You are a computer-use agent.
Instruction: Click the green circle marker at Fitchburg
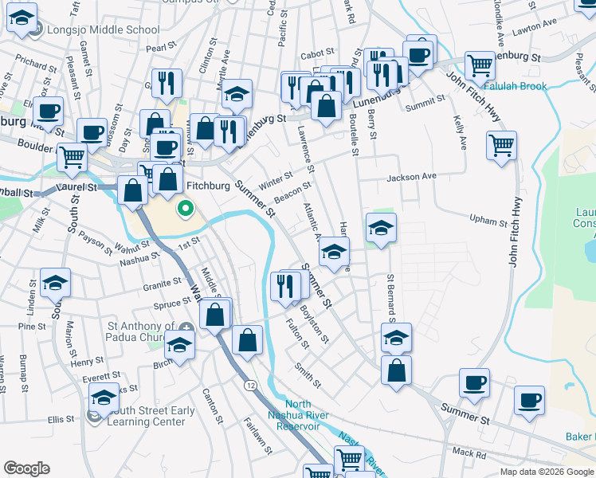(186, 210)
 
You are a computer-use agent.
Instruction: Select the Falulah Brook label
(511, 85)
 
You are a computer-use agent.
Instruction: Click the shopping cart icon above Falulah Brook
(480, 65)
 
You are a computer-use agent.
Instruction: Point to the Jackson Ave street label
(413, 176)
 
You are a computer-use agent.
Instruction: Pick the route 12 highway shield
(251, 385)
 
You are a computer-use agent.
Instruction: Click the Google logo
(26, 468)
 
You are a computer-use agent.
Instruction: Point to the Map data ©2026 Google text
(546, 472)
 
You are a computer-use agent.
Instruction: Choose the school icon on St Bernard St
(396, 335)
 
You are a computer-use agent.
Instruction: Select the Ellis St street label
(61, 419)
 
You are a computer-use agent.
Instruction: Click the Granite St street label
(163, 284)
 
